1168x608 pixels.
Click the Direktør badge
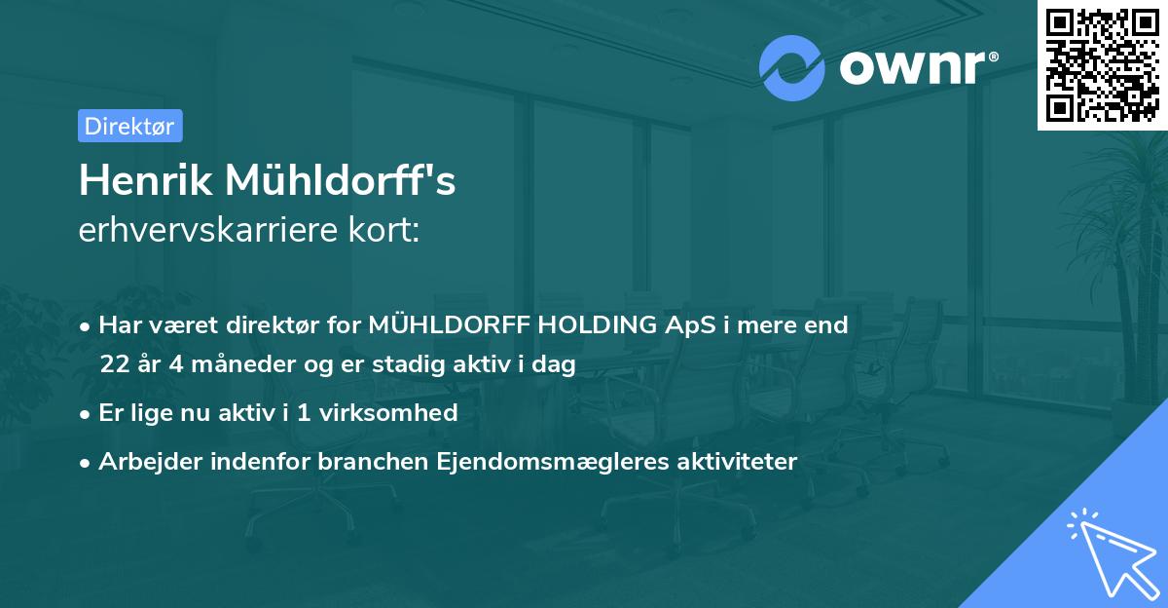tap(129, 126)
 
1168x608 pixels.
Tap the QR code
tap(1103, 64)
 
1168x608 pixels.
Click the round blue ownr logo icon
tap(792, 67)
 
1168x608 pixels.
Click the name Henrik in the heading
tap(146, 180)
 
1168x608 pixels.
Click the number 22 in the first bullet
tap(115, 365)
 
